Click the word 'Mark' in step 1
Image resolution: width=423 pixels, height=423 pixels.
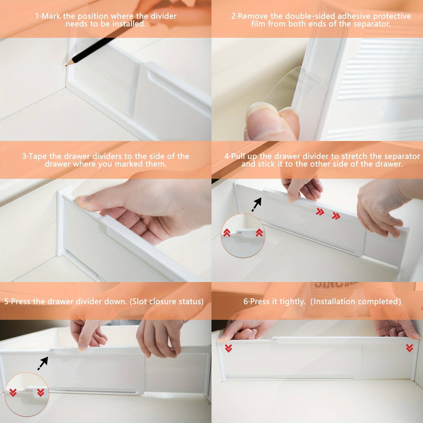click(51, 16)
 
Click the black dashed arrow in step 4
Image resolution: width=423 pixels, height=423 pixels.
click(257, 204)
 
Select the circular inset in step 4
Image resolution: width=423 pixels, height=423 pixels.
click(243, 236)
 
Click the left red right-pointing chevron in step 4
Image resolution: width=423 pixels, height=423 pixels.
click(320, 211)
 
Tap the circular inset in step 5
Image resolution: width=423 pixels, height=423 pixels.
click(27, 394)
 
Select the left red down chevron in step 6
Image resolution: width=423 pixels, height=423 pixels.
click(228, 348)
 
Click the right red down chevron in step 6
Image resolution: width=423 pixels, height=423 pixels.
click(409, 348)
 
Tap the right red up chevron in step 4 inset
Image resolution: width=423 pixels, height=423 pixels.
click(259, 233)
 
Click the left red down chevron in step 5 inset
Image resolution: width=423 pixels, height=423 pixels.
click(13, 392)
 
